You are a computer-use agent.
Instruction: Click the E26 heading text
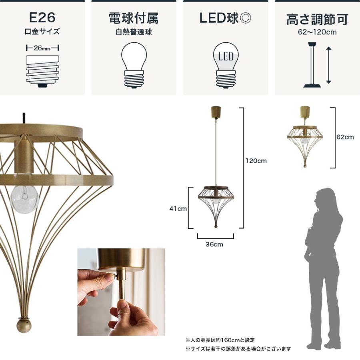tap(42, 18)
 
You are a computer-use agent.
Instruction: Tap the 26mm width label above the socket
tap(42, 48)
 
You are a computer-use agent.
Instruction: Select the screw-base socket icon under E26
tap(42, 70)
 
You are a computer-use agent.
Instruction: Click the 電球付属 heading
tap(134, 18)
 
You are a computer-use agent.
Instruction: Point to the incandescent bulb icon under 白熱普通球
tap(134, 64)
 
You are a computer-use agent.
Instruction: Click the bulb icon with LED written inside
tap(226, 64)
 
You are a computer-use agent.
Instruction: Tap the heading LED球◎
tap(226, 18)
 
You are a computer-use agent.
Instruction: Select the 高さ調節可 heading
tap(317, 19)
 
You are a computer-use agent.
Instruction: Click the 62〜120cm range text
tap(317, 32)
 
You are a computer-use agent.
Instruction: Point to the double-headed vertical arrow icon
tap(328, 65)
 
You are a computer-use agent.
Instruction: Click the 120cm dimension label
tap(256, 161)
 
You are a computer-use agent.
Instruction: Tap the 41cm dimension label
tap(178, 208)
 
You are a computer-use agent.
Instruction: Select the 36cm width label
tap(215, 244)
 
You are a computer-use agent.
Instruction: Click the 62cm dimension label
tap(345, 137)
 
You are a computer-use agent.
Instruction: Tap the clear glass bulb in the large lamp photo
tap(24, 196)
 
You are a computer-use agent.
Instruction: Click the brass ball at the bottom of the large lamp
tap(24, 325)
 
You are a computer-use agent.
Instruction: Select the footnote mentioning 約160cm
tap(220, 340)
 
